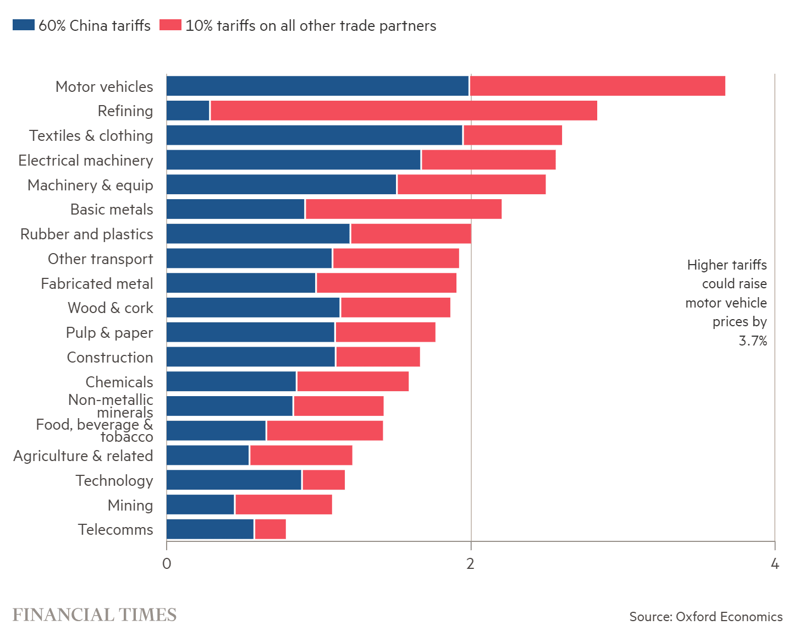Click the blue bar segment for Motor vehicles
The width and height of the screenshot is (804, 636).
[x=317, y=86]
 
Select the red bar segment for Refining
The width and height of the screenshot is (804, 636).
[x=404, y=111]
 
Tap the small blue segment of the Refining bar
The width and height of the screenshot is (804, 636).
[x=188, y=111]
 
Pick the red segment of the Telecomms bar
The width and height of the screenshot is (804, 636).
[x=271, y=529]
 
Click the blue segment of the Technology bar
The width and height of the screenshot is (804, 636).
[x=234, y=480]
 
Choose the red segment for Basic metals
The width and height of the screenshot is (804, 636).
[x=404, y=209]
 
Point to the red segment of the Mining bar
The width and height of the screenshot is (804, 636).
[x=284, y=505]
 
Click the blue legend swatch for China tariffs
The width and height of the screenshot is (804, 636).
[x=24, y=25]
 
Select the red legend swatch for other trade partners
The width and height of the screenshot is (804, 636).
[x=170, y=25]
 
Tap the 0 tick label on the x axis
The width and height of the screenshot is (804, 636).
[x=167, y=563]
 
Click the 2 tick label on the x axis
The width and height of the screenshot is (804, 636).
[x=470, y=563]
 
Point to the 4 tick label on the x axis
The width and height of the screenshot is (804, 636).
[x=775, y=563]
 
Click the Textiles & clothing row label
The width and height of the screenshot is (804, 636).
[x=91, y=136]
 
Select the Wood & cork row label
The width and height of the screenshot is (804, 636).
[x=111, y=308]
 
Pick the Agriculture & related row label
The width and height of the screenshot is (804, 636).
[x=83, y=456]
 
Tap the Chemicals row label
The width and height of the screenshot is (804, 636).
[x=119, y=382]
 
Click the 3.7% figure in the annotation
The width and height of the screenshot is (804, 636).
[x=753, y=341]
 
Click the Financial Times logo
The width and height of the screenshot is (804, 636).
[x=94, y=615]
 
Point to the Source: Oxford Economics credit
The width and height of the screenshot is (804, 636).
[x=706, y=617]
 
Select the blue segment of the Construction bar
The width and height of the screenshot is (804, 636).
[x=251, y=357]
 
